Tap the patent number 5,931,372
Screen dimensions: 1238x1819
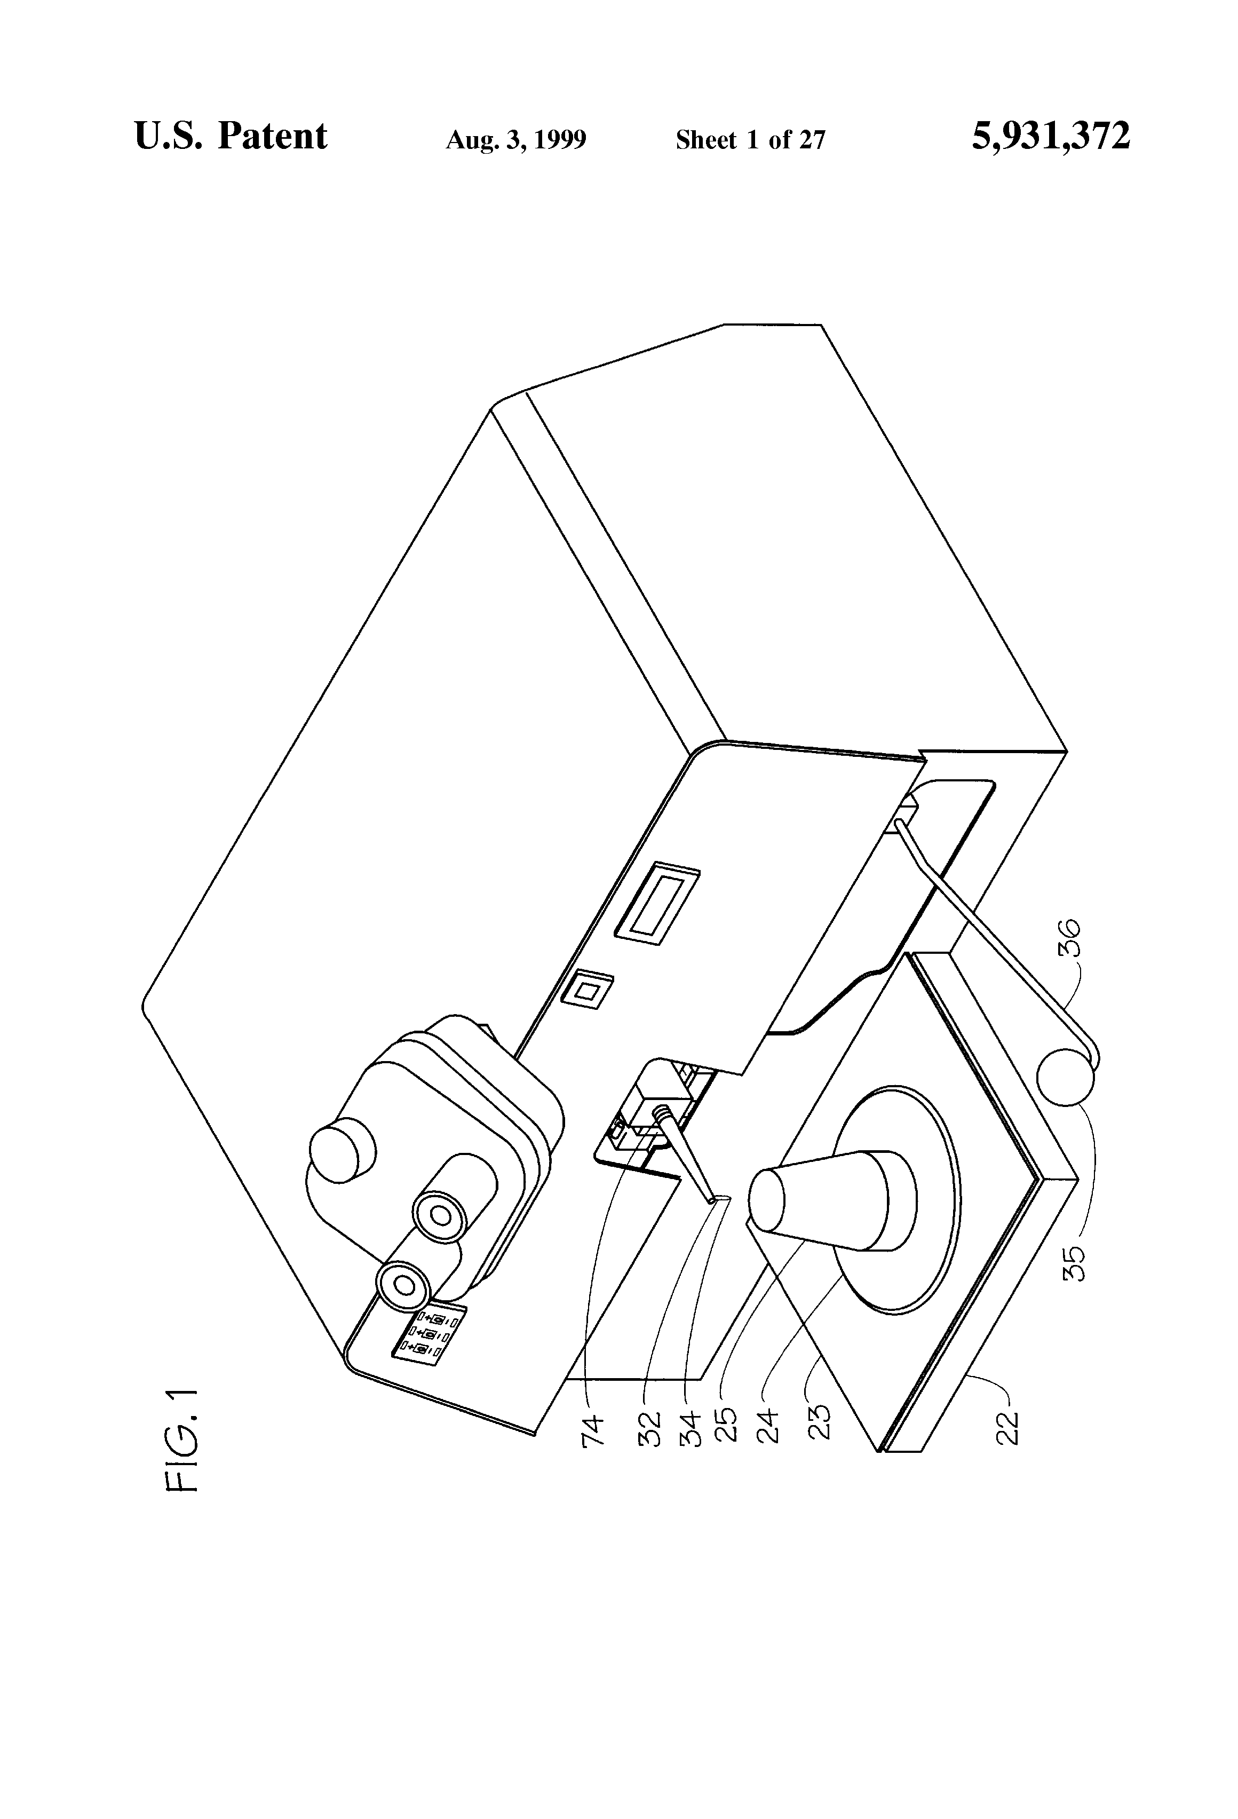pyautogui.click(x=1050, y=136)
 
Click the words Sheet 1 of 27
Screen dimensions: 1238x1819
pyautogui.click(x=750, y=139)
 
